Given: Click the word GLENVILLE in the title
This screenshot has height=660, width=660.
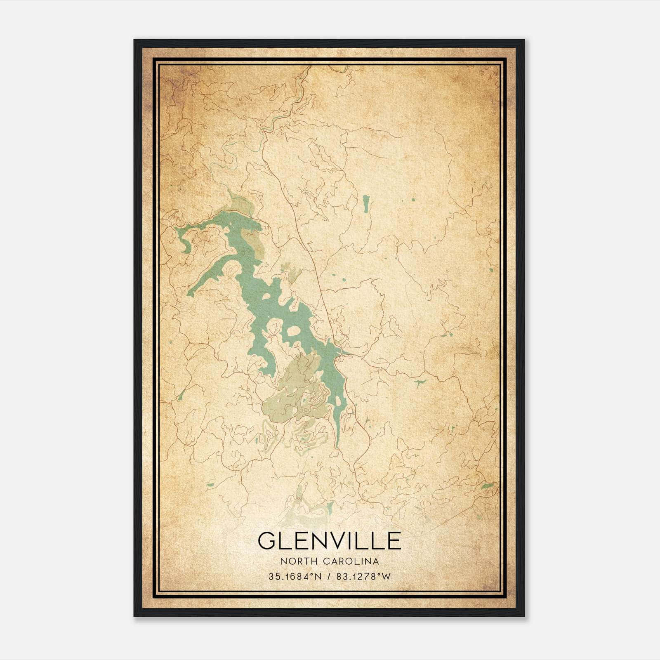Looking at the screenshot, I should pos(329,541).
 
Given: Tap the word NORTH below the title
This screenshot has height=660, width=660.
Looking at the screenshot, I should pos(291,561).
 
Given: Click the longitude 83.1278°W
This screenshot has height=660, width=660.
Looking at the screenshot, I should pos(363,577).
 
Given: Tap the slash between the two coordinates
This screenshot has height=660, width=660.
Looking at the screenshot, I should pos(328,577).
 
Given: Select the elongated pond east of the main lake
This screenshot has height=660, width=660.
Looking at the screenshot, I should pos(365,203).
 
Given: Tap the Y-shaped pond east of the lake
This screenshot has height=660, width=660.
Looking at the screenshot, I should pos(420,383).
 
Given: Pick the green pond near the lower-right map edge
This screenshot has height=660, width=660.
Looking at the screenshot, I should pos(487,486).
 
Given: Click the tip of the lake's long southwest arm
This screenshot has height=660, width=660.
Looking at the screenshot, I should pos(190,294).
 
